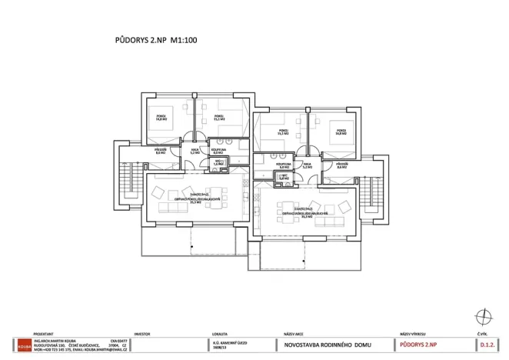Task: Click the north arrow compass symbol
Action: (x=482, y=315)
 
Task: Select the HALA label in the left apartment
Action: (x=194, y=152)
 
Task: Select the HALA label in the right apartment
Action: (x=307, y=165)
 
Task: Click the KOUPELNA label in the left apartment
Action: (x=218, y=152)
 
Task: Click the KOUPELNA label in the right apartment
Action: (x=283, y=165)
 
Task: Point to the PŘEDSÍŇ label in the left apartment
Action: (x=161, y=152)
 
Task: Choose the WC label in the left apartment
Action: (x=218, y=163)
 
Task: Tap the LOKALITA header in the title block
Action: (x=221, y=335)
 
